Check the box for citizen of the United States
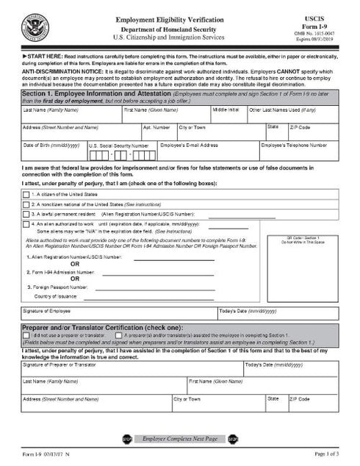point(27,193)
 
